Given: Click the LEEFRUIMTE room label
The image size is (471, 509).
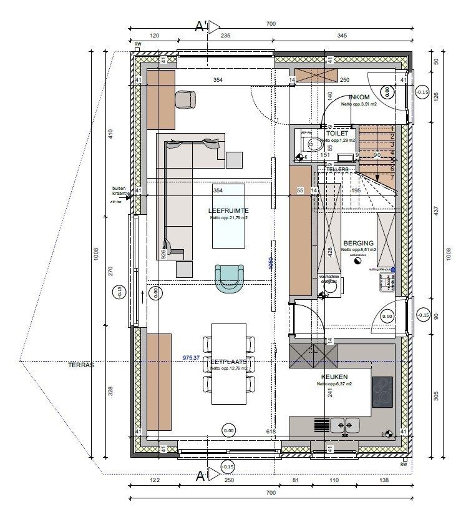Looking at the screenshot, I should click(x=228, y=211).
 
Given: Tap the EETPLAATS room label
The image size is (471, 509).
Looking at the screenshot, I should click(x=228, y=362).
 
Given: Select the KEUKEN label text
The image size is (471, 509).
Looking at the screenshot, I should click(x=334, y=377).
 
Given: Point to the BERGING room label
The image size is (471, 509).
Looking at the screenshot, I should click(x=358, y=243).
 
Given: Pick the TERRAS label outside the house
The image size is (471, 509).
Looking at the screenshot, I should click(x=81, y=365).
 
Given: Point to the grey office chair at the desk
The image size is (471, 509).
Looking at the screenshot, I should click(x=185, y=99).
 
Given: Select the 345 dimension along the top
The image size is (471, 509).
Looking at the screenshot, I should click(x=342, y=36).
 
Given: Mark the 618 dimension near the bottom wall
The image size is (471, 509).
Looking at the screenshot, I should click(x=271, y=432).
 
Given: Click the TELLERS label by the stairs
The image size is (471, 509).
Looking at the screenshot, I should click(x=337, y=169).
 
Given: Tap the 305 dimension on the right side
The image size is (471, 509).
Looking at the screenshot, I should click(x=436, y=395).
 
